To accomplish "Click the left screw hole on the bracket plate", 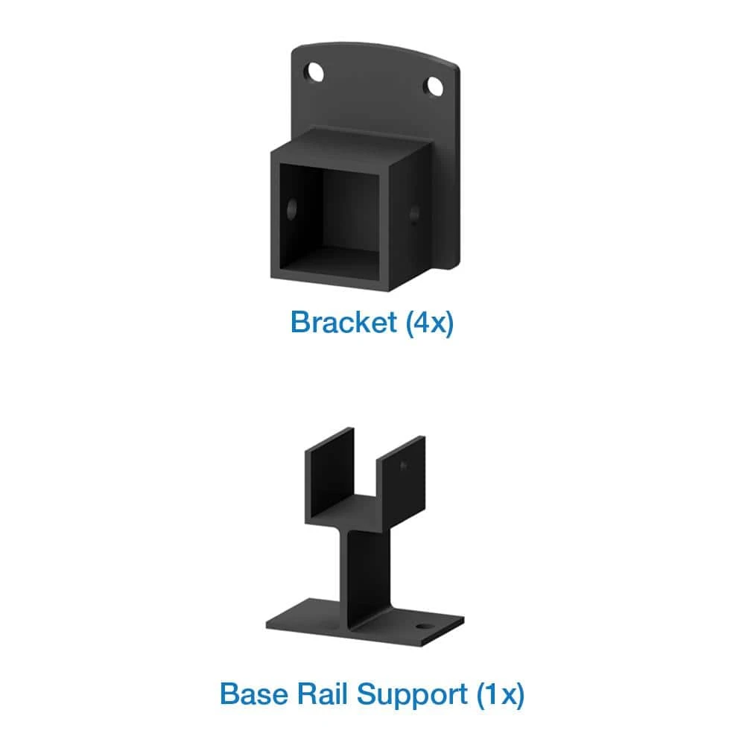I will point(315,73).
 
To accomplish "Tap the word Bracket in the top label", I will point(343,323).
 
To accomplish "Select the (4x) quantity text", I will point(428,323).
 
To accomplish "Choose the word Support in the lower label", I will point(411,694).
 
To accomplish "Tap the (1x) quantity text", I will point(500,694).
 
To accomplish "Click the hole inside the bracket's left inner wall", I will point(292,206).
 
